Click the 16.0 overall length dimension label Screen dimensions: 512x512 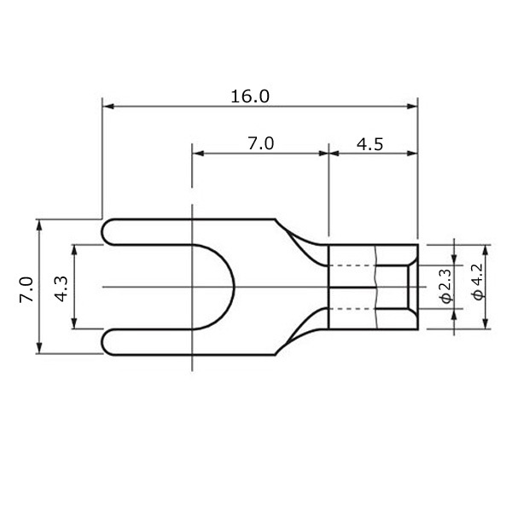250,96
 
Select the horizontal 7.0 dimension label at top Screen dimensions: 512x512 260,143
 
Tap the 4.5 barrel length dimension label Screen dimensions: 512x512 369,144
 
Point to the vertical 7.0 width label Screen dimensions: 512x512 26,290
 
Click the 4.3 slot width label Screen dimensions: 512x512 61,289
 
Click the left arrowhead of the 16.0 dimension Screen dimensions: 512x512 108,107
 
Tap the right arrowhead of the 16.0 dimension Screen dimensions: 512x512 412,107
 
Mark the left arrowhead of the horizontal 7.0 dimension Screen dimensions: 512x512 199,154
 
